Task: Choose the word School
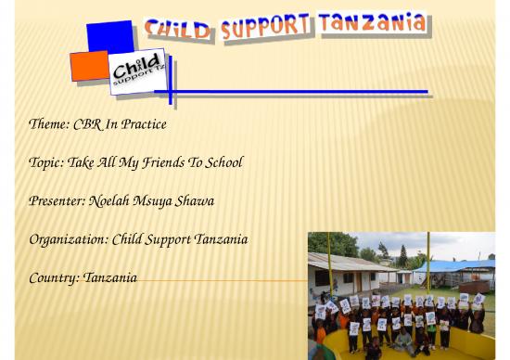[223, 163]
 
